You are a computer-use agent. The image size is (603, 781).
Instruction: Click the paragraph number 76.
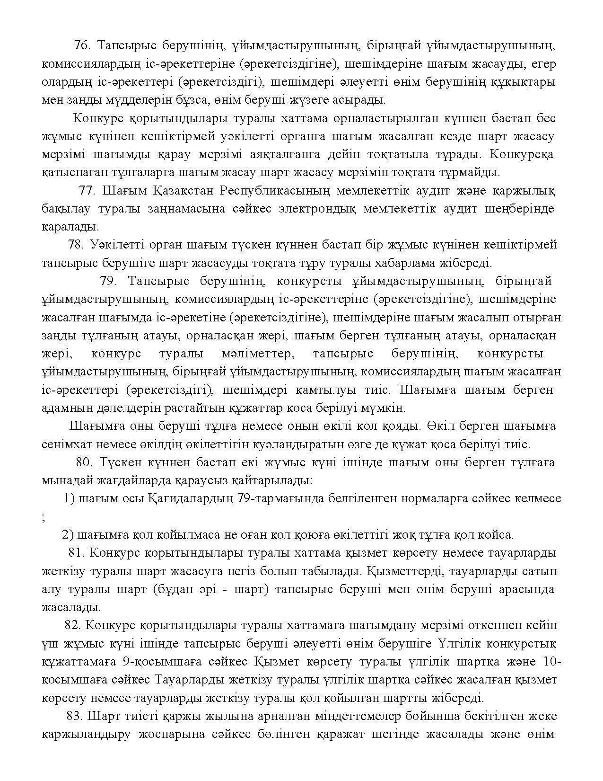coord(82,45)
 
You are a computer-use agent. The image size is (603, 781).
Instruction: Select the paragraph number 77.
coord(87,191)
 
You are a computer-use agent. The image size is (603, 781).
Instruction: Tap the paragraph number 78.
coord(76,245)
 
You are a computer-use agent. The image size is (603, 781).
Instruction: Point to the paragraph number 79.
coord(108,281)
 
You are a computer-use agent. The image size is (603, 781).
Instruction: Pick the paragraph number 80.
coord(83,462)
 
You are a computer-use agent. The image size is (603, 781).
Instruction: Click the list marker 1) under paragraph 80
coord(69,498)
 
